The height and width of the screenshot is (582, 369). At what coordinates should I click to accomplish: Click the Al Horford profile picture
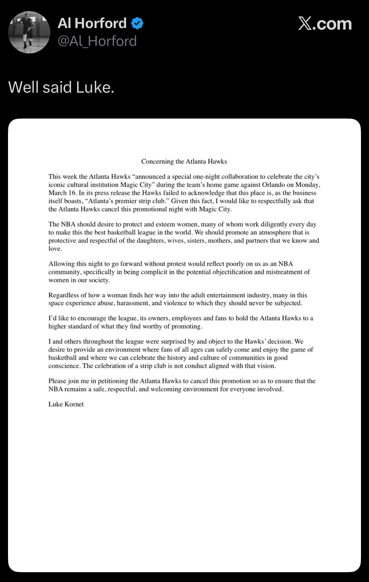[29, 32]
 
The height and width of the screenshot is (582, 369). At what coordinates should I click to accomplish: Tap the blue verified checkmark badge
[137, 23]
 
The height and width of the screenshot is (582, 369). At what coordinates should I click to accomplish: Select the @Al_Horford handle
[97, 41]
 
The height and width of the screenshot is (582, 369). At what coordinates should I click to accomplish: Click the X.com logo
[325, 24]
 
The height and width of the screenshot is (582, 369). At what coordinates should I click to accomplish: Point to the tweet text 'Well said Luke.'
[61, 87]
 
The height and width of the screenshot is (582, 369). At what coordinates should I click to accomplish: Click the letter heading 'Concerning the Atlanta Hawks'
[184, 161]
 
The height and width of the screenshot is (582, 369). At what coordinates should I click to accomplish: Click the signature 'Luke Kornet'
[66, 404]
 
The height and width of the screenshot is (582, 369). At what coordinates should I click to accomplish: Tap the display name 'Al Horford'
[92, 23]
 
